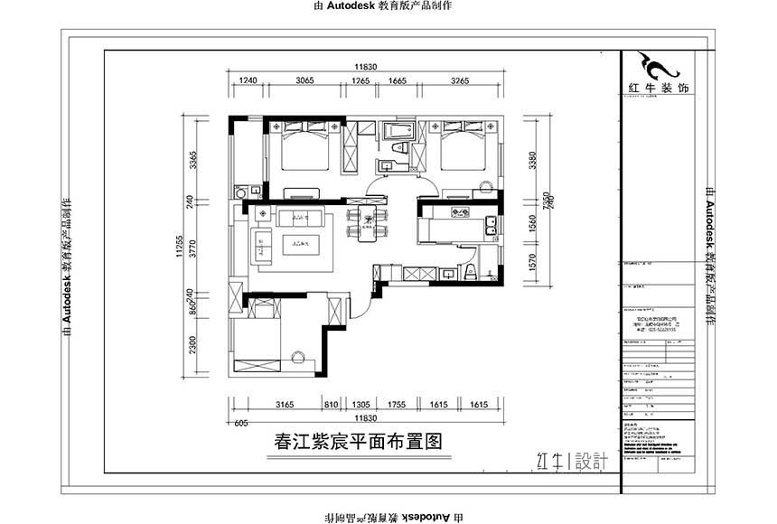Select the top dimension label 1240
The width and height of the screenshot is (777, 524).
coord(248,80)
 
